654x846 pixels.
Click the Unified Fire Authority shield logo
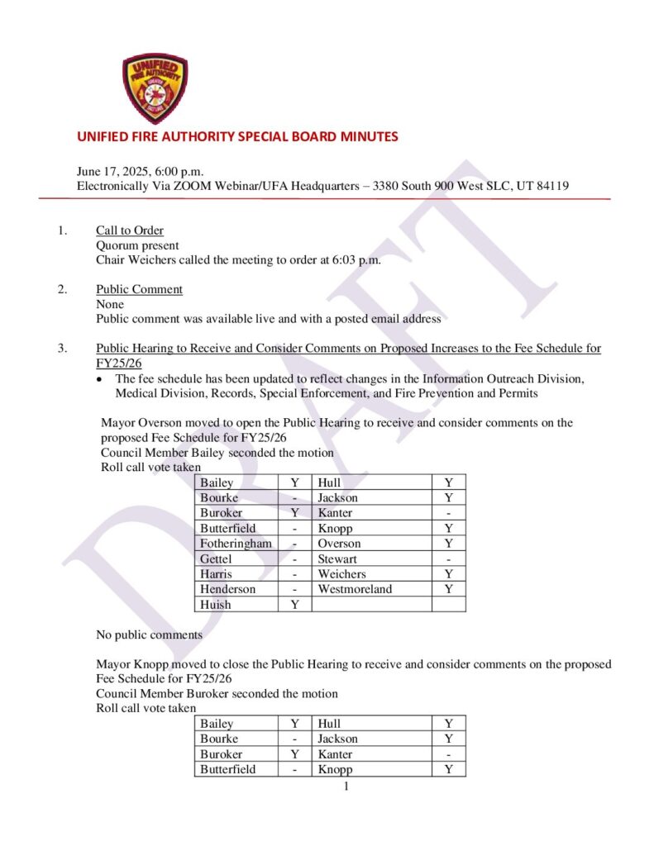[x=155, y=88]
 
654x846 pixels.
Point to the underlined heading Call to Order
[x=130, y=231]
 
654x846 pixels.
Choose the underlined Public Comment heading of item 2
[x=139, y=290]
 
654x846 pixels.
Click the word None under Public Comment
[x=110, y=305]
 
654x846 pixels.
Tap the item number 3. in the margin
[x=63, y=349]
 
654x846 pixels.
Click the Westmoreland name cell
[x=355, y=589]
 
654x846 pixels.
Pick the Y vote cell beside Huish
[x=294, y=605]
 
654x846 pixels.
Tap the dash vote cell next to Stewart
[x=448, y=559]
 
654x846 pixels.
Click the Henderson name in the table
[x=227, y=589]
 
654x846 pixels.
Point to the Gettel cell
[x=216, y=559]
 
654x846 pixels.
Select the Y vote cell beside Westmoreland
[x=448, y=589]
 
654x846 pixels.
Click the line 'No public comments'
[x=149, y=635]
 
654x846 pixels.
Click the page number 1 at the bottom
[x=346, y=786]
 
